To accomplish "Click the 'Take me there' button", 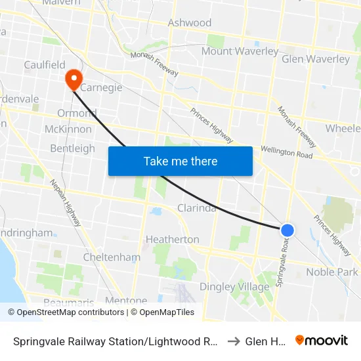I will point(180,161).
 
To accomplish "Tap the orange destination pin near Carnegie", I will point(73,79).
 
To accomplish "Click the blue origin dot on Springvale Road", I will point(287,230).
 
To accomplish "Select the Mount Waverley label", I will point(240,51).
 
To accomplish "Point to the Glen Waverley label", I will point(315,59).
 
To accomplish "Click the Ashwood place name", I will point(190,23).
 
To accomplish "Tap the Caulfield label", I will point(45,64).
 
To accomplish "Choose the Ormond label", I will point(77,113).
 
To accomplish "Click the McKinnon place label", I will point(68,129).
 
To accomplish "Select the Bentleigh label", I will point(72,148).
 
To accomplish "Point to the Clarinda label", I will point(197,208).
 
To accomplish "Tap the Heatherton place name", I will point(172,239).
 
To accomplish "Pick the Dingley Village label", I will point(234,287).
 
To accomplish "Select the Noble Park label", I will point(332,272).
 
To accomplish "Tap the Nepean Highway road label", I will point(66,203).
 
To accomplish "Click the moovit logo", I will point(322,340).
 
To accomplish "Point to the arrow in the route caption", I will point(233,341).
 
